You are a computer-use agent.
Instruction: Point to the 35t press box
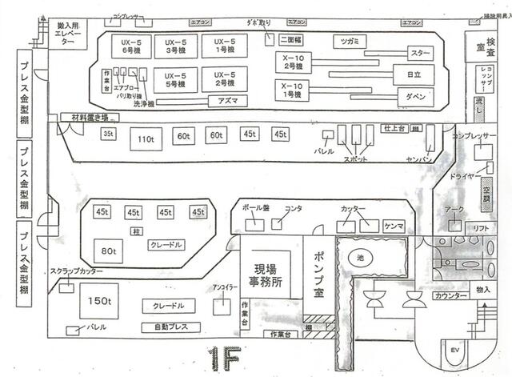point(109,134)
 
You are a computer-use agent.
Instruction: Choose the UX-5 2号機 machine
point(218,79)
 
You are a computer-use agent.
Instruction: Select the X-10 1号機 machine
point(292,90)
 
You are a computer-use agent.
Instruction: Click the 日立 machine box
point(414,74)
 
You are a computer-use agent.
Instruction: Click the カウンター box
point(451,296)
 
